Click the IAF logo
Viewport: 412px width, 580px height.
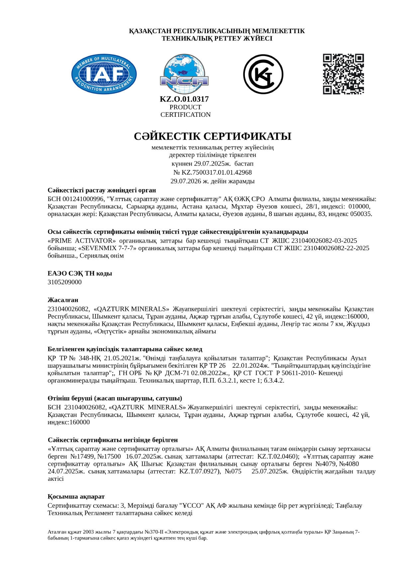click(104, 74)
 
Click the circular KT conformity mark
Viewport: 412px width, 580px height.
click(263, 74)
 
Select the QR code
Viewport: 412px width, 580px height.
click(343, 74)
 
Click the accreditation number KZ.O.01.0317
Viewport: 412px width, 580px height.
click(184, 99)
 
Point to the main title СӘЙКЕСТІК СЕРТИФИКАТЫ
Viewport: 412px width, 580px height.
click(212, 136)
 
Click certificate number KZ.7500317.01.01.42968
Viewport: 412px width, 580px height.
click(216, 173)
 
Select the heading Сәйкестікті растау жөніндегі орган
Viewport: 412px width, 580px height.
click(102, 190)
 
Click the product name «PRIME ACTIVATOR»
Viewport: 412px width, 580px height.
click(82, 241)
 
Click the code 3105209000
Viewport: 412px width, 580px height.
click(64, 282)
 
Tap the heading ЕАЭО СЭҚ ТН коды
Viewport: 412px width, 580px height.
click(80, 274)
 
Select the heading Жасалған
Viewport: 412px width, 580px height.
click(63, 300)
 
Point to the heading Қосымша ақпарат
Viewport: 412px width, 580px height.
click(76, 497)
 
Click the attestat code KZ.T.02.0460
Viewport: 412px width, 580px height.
click(276, 457)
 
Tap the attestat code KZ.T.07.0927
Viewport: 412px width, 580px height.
click(199, 471)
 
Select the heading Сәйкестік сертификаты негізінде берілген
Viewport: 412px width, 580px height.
click(113, 440)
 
